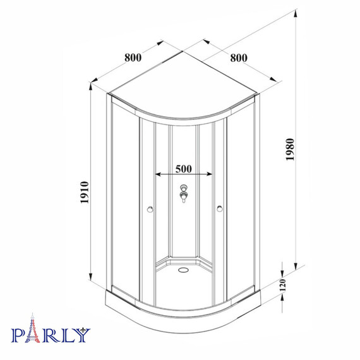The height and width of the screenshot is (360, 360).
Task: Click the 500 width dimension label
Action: coord(184,169)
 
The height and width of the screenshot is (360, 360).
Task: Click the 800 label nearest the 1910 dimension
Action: coord(133,57)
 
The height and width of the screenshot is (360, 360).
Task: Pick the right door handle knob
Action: coord(220,208)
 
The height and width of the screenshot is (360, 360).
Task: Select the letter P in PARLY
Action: coord(19,332)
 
